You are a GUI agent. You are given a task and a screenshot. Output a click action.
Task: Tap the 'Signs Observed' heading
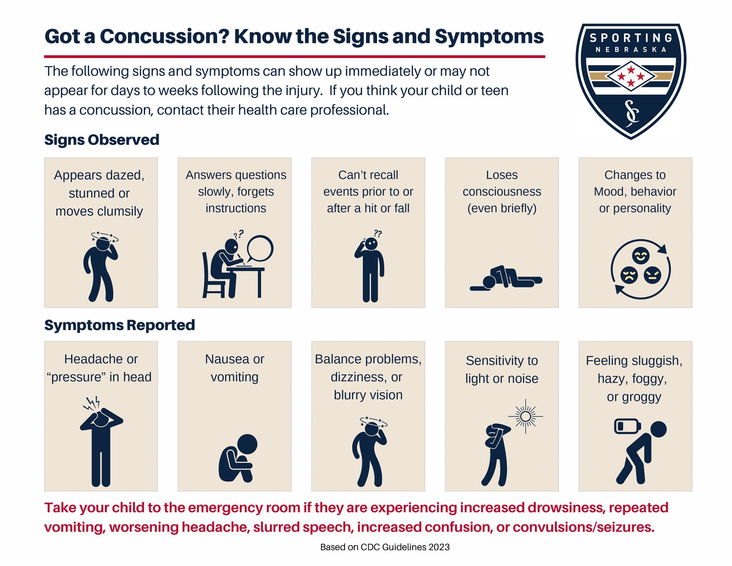pyautogui.click(x=101, y=140)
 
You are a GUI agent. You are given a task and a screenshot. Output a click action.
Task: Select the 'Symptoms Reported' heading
pyautogui.click(x=119, y=325)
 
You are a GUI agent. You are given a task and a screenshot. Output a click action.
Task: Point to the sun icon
pyautogui.click(x=525, y=416)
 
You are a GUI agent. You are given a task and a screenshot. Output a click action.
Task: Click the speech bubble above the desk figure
pyautogui.click(x=260, y=248)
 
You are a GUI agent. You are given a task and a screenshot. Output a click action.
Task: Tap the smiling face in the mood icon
pyautogui.click(x=640, y=256)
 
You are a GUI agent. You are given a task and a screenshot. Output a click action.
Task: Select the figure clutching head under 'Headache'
pyautogui.click(x=101, y=444)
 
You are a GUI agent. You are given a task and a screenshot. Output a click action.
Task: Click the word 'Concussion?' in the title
pyautogui.click(x=164, y=37)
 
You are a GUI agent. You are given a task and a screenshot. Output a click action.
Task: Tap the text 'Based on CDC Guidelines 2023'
pyautogui.click(x=385, y=547)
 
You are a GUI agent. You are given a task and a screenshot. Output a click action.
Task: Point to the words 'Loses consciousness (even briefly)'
pyautogui.click(x=502, y=191)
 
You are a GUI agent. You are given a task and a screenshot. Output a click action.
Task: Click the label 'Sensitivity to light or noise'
pyautogui.click(x=502, y=369)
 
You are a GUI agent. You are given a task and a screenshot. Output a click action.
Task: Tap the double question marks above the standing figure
pyautogui.click(x=377, y=233)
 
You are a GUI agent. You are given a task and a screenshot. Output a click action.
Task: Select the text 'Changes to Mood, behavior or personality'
pyautogui.click(x=635, y=191)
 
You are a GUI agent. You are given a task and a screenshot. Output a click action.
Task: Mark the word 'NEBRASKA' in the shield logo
pyautogui.click(x=631, y=50)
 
